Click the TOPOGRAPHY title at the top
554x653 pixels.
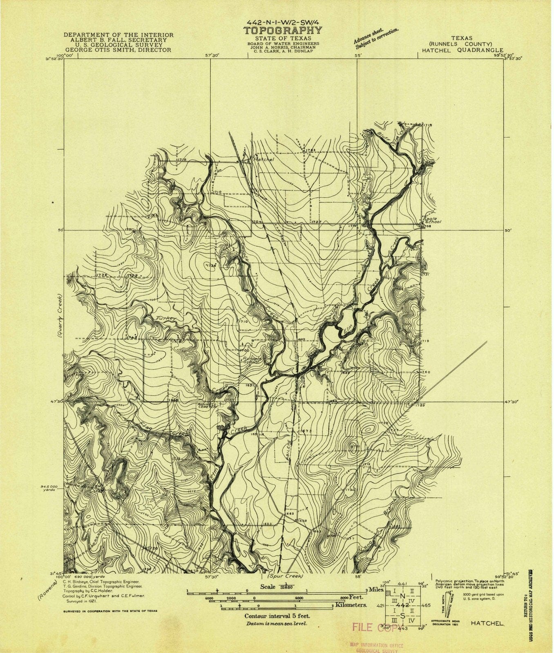pyautogui.click(x=283, y=31)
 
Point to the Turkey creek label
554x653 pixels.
pyautogui.click(x=165, y=318)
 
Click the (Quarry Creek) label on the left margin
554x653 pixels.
pyautogui.click(x=60, y=315)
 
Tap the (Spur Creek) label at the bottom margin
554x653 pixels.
pyautogui.click(x=285, y=577)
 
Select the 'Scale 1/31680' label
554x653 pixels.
pyautogui.click(x=274, y=586)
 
